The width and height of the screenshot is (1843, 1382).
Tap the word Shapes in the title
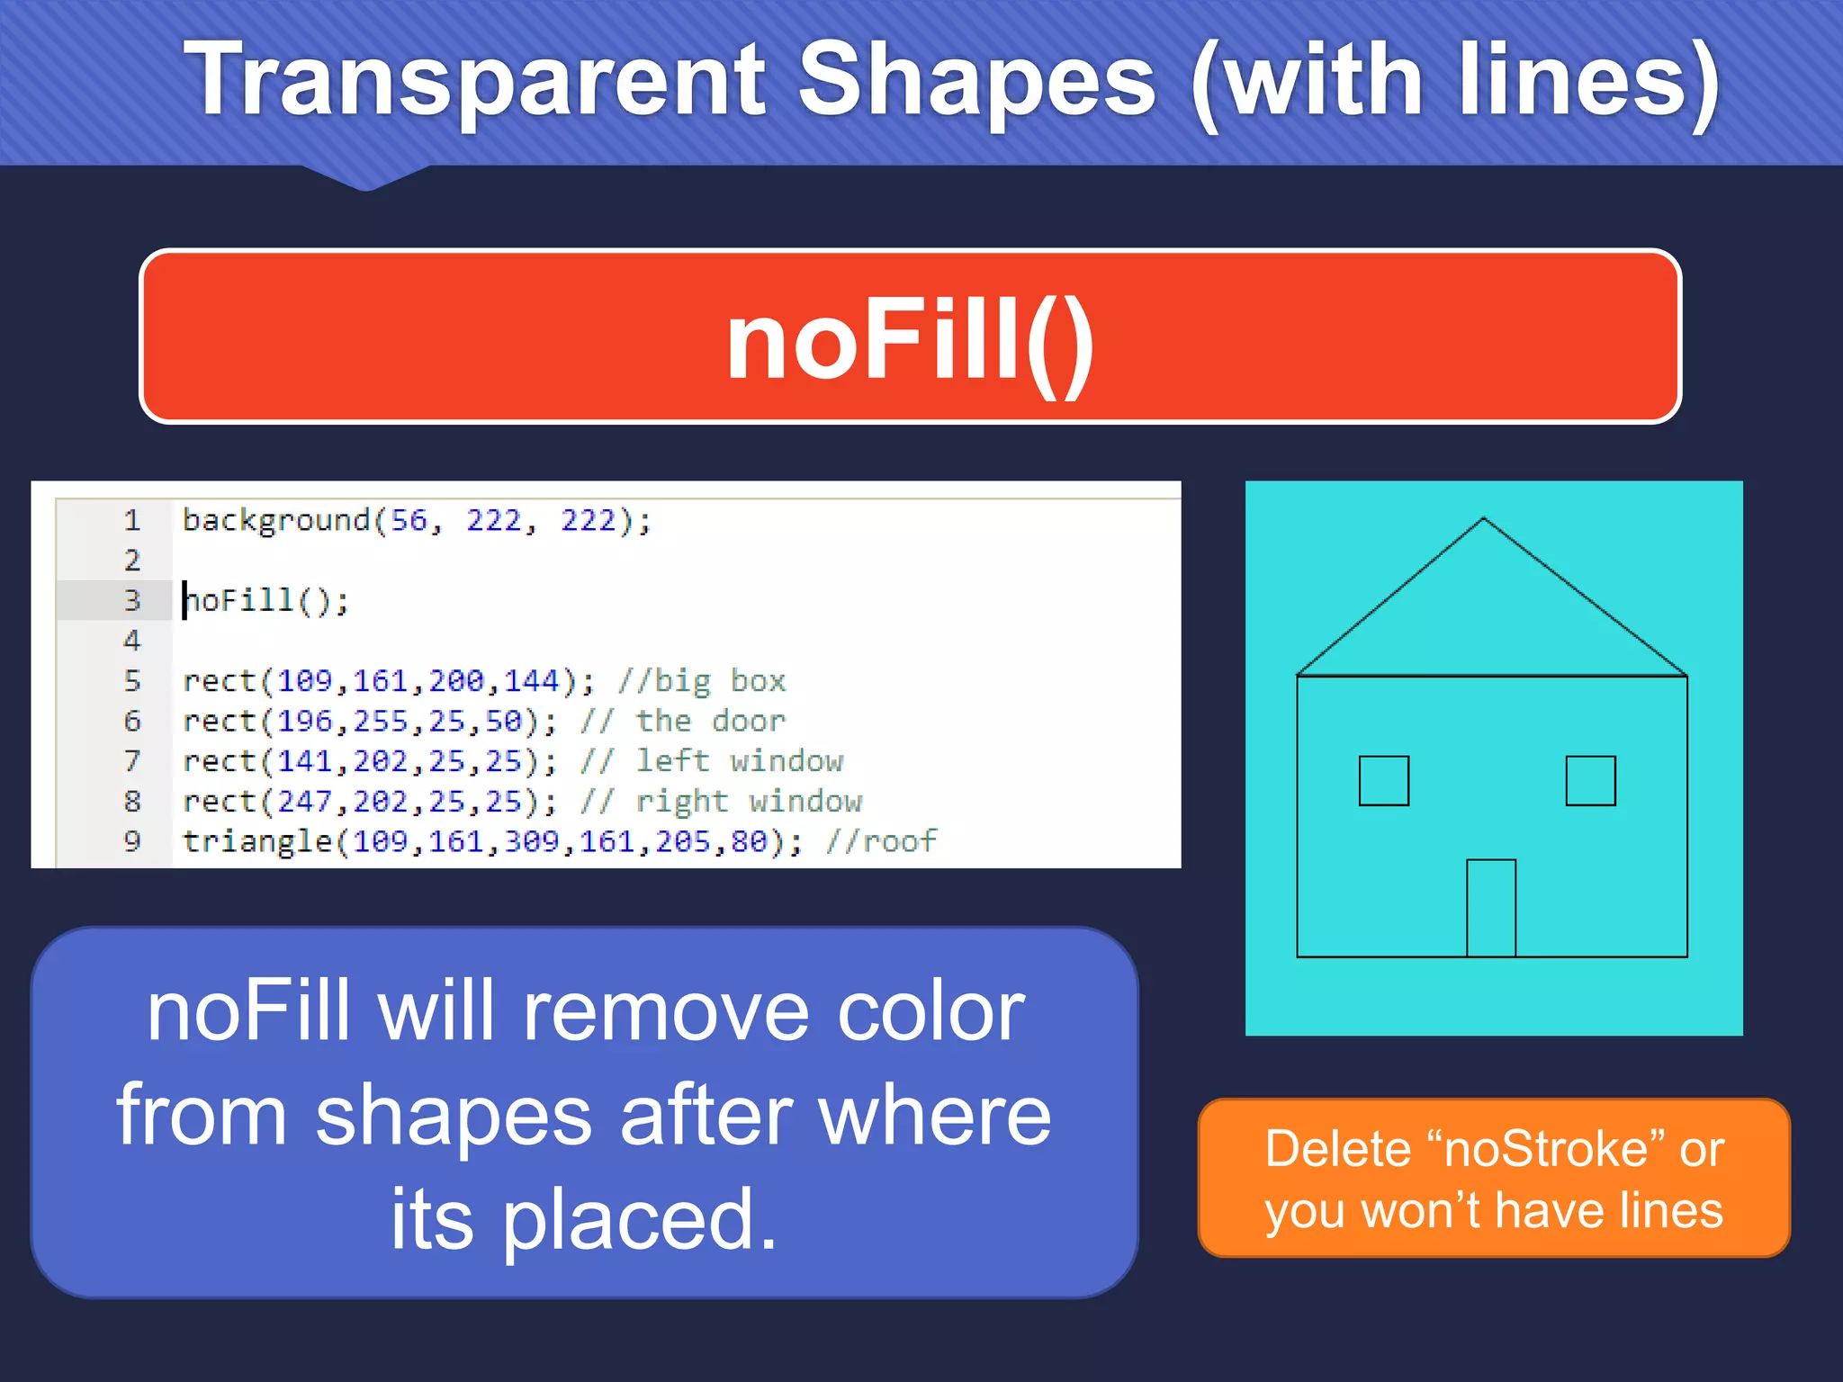click(976, 81)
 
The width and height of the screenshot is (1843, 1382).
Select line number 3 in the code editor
click(132, 600)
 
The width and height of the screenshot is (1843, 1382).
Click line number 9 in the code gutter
click(132, 841)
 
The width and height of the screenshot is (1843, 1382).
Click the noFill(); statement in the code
click(266, 600)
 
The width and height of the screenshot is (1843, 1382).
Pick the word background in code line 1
click(276, 520)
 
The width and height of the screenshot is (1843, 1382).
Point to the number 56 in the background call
click(409, 520)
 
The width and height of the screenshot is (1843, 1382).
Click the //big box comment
click(702, 681)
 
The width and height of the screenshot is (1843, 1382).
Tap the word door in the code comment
click(748, 721)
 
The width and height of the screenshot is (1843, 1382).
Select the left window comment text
click(740, 761)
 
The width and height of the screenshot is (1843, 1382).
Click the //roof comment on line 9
click(882, 841)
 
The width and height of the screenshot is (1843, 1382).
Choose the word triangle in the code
click(257, 841)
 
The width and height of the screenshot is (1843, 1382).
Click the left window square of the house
click(1383, 780)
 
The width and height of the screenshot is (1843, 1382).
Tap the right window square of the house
click(1590, 780)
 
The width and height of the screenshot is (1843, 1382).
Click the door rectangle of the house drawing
click(1491, 907)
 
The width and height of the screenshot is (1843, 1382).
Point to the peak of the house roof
click(1483, 520)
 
